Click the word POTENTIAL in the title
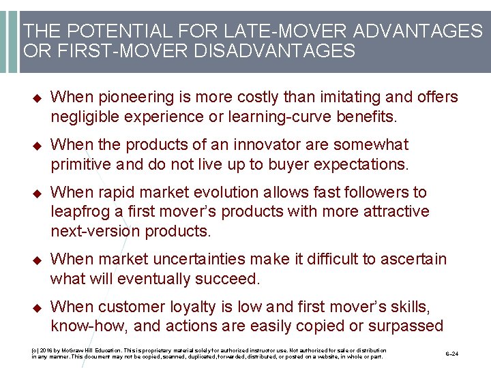(106, 31)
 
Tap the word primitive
(82, 164)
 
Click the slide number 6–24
(453, 353)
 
